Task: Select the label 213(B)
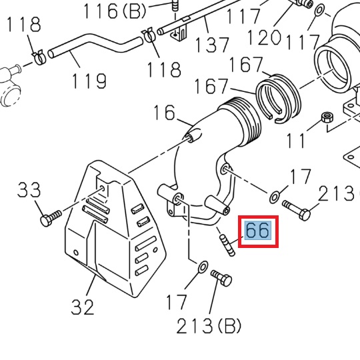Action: coord(209,327)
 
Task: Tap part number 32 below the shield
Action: coord(83,307)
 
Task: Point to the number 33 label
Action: coord(30,191)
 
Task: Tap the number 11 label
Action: coord(297,141)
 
